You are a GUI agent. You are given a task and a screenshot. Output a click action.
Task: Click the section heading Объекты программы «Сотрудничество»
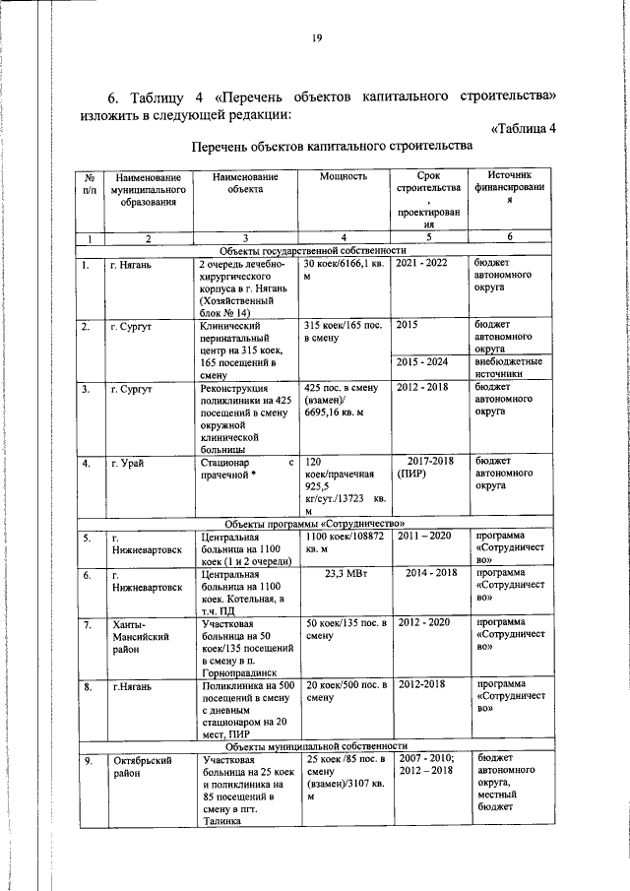314,523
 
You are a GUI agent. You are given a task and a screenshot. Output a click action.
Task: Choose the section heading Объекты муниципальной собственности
314,744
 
